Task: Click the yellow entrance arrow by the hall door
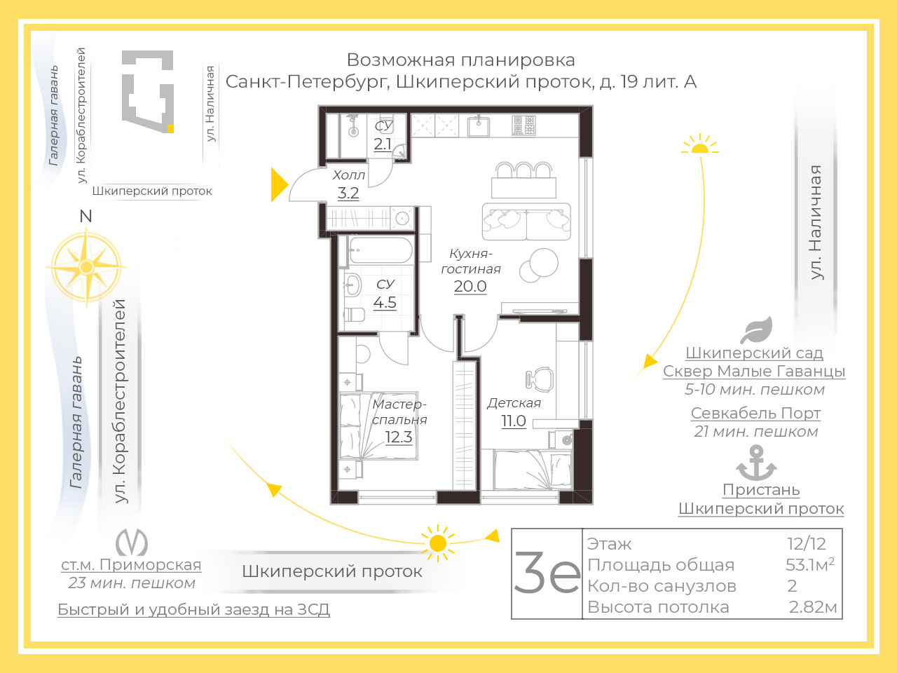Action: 278,184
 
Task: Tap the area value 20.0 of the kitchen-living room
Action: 470,287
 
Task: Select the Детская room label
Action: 514,403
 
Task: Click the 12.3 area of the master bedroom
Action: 399,437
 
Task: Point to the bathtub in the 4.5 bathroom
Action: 381,250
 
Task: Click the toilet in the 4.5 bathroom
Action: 354,315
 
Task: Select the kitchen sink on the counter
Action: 479,126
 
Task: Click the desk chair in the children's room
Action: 539,379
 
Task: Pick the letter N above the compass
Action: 85,216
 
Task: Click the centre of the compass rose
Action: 86,267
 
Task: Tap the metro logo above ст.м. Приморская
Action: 132,542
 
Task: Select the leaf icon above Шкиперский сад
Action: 757,329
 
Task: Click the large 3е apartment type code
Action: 547,572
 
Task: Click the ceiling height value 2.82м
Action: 813,608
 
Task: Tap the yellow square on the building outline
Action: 170,128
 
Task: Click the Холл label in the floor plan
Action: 348,175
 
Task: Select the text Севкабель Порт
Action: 755,413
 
